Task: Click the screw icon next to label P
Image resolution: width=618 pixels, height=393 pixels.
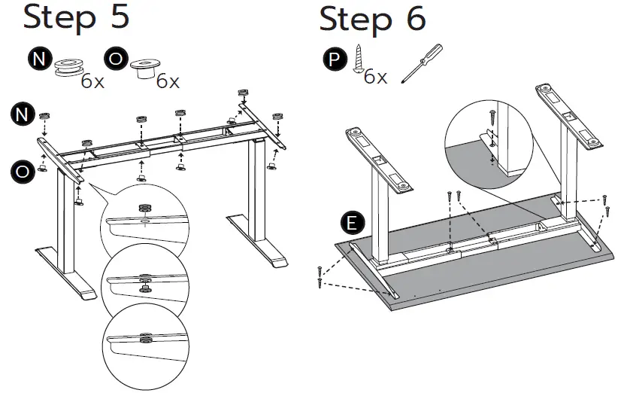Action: (359, 59)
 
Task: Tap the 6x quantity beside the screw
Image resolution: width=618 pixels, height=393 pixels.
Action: (375, 77)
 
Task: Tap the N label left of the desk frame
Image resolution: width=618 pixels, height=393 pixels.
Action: (23, 114)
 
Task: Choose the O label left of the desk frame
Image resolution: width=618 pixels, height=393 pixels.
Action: (23, 171)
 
